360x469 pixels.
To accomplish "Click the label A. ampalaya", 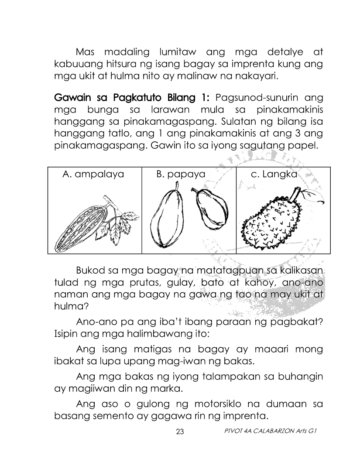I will click(x=93, y=175).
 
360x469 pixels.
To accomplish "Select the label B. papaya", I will click(x=181, y=175).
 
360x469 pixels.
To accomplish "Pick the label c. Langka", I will click(x=274, y=175).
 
